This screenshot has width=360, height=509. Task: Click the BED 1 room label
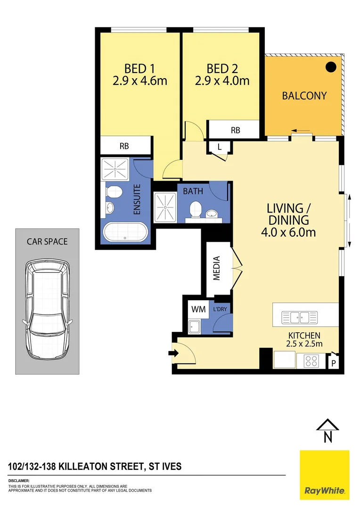coord(139,67)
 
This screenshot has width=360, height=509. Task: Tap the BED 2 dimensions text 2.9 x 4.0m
coord(222,81)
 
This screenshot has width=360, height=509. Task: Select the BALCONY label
coord(304,96)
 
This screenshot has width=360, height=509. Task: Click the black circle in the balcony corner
coord(332,67)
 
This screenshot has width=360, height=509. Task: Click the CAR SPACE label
coord(47,242)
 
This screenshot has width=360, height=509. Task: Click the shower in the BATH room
coord(165,207)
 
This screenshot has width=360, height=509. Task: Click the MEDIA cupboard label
coord(217,268)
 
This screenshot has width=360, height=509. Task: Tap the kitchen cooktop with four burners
coord(311,361)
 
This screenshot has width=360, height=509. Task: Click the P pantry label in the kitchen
coord(334,363)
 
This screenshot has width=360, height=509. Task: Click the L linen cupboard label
coord(220,147)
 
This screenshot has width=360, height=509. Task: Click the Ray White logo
coord(325,475)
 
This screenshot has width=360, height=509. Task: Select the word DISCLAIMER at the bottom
coord(19,481)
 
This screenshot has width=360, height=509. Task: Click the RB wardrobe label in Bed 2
coord(235,130)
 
